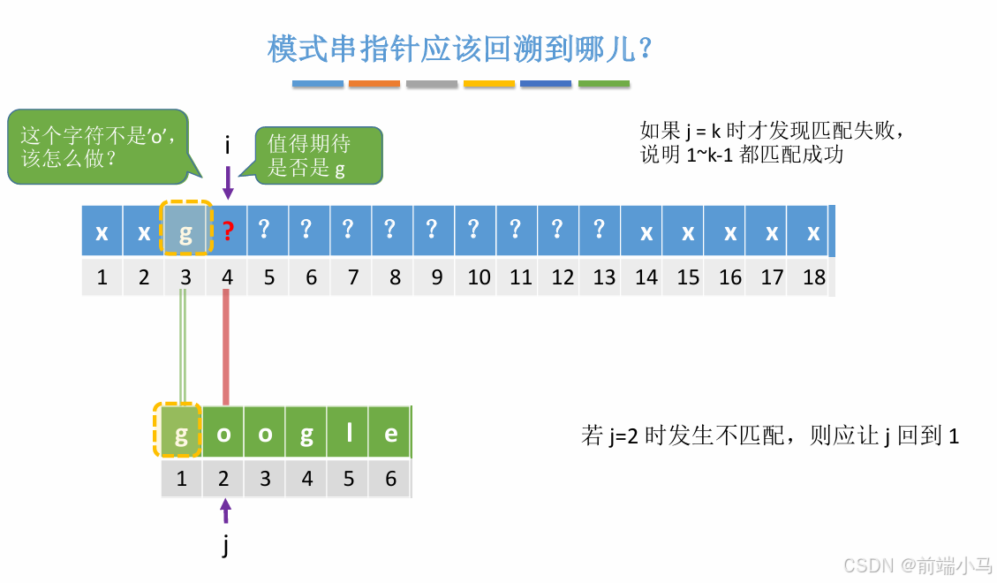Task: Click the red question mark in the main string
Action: click(x=228, y=232)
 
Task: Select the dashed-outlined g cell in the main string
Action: click(x=185, y=232)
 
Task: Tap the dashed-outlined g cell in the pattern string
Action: click(x=182, y=434)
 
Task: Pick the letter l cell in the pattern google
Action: click(x=349, y=434)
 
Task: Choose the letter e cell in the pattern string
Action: click(x=390, y=434)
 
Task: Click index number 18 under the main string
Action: click(x=814, y=277)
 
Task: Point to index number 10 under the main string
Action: click(x=479, y=277)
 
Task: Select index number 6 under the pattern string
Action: click(x=390, y=479)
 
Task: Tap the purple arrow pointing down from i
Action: click(x=228, y=183)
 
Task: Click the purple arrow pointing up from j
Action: click(x=225, y=511)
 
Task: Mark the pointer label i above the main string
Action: click(x=228, y=145)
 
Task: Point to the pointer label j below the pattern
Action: click(x=226, y=546)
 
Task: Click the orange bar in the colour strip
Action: click(x=374, y=84)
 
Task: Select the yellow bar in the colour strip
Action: click(x=489, y=84)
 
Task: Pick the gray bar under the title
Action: click(x=432, y=84)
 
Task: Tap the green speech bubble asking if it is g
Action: click(x=318, y=155)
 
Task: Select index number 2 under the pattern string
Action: click(x=224, y=479)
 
